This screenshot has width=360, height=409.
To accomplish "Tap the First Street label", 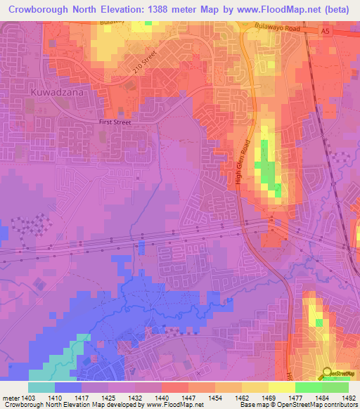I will [x=114, y=121].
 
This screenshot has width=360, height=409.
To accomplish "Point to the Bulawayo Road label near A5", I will [x=276, y=29].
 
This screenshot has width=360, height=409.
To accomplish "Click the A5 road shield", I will [x=324, y=32].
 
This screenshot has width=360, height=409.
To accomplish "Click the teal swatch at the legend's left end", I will [x=41, y=387].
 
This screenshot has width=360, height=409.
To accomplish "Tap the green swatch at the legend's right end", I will [x=335, y=387].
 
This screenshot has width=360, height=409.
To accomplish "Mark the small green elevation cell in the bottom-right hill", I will [x=320, y=323].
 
